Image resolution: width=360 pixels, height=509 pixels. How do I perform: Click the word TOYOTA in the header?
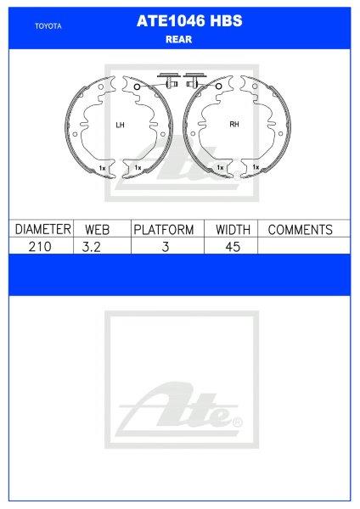(x=48, y=26)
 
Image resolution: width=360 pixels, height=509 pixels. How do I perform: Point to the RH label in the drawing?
(x=234, y=126)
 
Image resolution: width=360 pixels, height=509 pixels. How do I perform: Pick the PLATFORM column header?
(x=164, y=229)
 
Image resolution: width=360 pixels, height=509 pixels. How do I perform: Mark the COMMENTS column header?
(x=300, y=229)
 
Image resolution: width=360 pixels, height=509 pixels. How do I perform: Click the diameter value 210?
(x=40, y=245)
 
